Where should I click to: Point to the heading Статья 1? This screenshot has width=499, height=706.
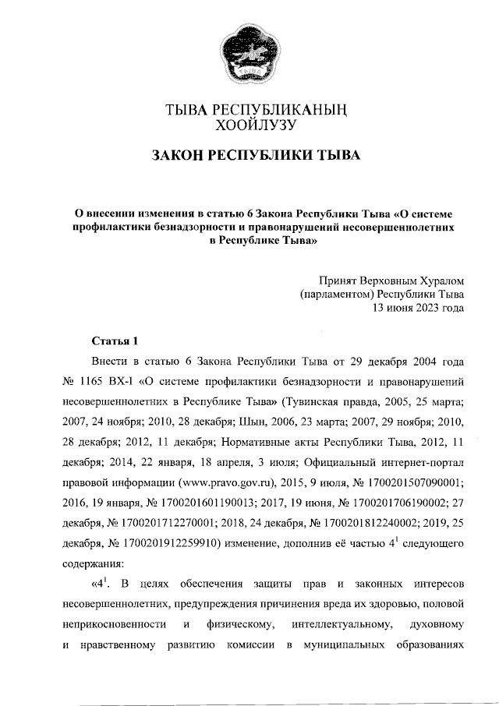tap(115, 341)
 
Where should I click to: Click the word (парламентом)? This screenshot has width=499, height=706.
tap(337, 294)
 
